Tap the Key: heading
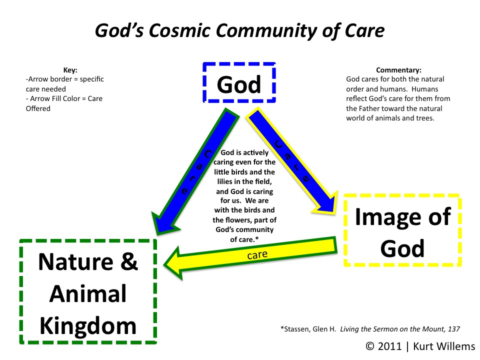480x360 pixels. pyautogui.click(x=70, y=70)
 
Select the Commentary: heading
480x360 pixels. pyautogui.click(x=398, y=70)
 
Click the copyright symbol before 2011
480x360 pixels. pyautogui.click(x=370, y=346)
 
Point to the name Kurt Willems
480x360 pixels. pyautogui.click(x=444, y=346)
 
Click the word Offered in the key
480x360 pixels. pyautogui.click(x=38, y=108)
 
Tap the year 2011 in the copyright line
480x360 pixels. pyautogui.click(x=389, y=346)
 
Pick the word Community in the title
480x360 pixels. pyautogui.click(x=266, y=30)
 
